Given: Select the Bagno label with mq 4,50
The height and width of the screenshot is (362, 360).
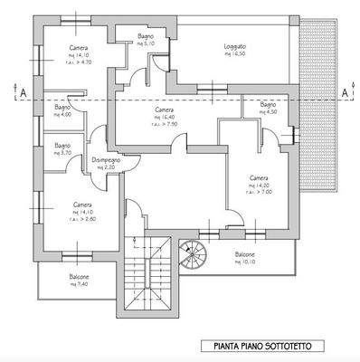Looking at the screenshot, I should (x=268, y=108).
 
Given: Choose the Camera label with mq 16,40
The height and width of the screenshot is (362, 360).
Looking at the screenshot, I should (x=164, y=110).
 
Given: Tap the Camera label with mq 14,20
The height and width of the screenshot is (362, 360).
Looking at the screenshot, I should (x=259, y=178).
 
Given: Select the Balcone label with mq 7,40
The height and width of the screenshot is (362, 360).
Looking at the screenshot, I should (x=79, y=278).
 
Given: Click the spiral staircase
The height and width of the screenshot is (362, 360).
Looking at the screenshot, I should (x=194, y=255).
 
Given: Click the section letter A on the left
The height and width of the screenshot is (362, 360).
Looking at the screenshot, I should (x=20, y=90).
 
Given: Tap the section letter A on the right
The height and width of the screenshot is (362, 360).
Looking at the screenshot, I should (x=344, y=90).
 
